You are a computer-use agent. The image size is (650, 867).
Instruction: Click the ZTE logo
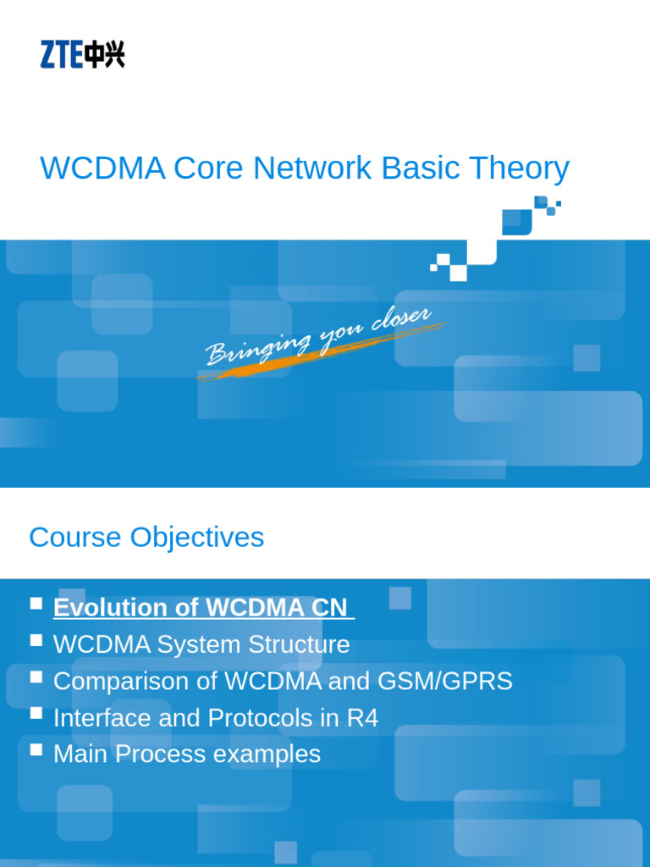[x=82, y=55]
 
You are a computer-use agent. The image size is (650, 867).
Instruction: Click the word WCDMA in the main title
[x=102, y=168]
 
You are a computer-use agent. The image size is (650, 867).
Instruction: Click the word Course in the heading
[x=74, y=537]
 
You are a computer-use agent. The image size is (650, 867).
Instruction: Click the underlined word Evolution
[x=109, y=608]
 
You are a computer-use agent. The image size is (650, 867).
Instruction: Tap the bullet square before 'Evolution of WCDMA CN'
[x=36, y=604]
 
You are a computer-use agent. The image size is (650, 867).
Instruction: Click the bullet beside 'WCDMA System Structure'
[x=36, y=640]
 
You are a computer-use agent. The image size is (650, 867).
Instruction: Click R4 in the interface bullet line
[x=361, y=718]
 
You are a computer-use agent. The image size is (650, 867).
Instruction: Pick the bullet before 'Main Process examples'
[x=36, y=749]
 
